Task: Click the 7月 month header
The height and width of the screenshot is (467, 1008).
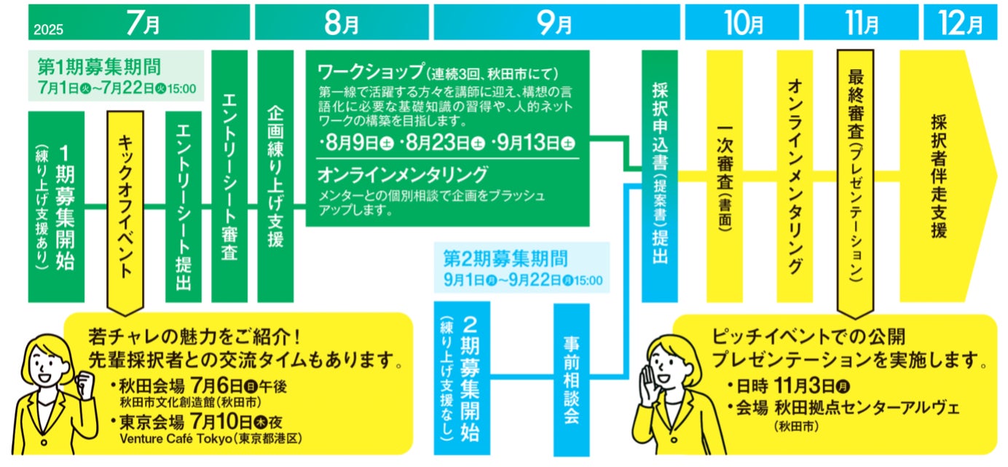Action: click(x=143, y=23)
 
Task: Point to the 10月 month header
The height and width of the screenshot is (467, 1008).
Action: click(x=744, y=23)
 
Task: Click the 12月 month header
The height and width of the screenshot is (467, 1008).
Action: click(x=961, y=23)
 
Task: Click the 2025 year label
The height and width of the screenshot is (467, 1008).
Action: click(x=49, y=30)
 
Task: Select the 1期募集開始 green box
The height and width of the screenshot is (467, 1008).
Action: click(x=56, y=207)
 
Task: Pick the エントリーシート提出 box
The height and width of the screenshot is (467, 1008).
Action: click(x=184, y=207)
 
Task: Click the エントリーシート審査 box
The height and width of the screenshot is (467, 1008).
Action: click(x=229, y=176)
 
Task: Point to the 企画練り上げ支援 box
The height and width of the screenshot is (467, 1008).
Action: click(x=275, y=176)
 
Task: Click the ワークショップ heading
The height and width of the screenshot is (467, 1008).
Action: click(x=371, y=73)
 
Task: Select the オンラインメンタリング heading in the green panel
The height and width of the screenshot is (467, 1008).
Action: click(x=402, y=176)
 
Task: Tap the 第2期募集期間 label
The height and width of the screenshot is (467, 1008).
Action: click(x=505, y=258)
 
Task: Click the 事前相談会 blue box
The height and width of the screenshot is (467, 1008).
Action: click(x=572, y=379)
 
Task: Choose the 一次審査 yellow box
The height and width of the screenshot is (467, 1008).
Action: click(x=724, y=176)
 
